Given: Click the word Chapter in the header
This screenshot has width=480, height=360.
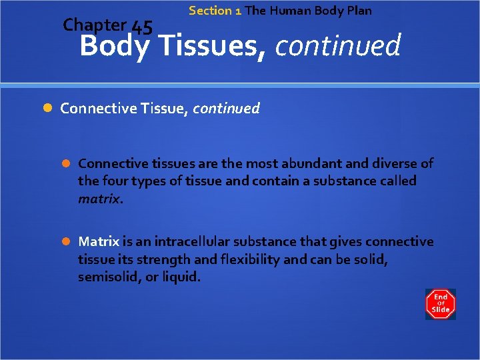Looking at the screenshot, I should (x=94, y=25).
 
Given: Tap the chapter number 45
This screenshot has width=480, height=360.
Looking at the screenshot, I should (x=142, y=27).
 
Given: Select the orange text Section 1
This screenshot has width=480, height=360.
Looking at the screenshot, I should (x=215, y=11).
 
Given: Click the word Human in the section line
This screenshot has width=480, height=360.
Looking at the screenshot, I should (x=291, y=11).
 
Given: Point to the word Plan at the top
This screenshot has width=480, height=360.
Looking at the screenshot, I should (x=359, y=11).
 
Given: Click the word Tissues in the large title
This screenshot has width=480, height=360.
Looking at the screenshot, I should (x=213, y=47).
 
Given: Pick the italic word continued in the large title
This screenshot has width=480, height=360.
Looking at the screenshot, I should (x=337, y=47).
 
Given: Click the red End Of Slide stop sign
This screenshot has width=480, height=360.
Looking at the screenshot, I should (x=441, y=304).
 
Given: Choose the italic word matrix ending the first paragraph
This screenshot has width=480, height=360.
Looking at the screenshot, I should (x=99, y=198).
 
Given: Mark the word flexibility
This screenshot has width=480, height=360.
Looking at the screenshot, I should (x=248, y=259).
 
